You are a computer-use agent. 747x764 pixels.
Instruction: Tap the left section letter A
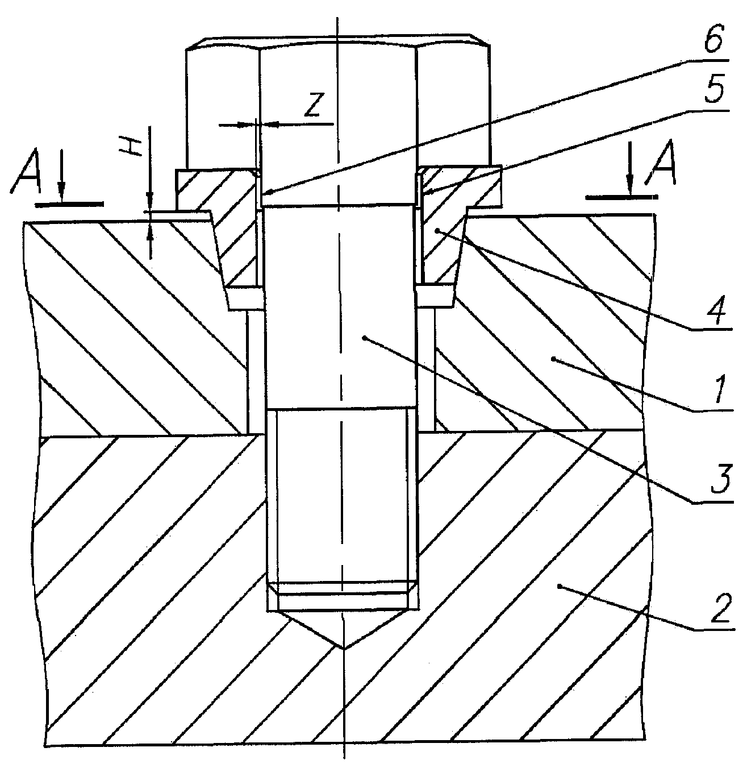pos(26,171)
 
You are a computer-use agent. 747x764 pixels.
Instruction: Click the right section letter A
pos(662,162)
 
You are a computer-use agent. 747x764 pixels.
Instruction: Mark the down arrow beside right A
pos(629,168)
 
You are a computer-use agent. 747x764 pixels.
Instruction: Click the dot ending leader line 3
pos(365,337)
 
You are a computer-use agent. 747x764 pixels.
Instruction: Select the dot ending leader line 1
pos(554,359)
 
